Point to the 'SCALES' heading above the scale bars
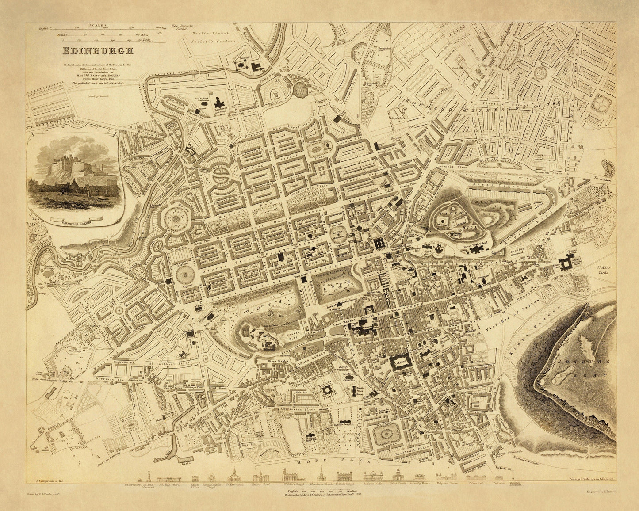click(x=97, y=25)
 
